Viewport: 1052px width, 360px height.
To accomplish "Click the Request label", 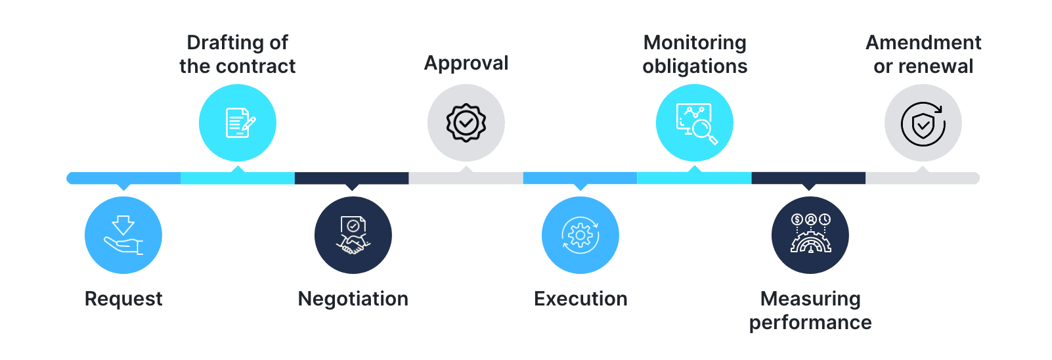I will click(x=123, y=299).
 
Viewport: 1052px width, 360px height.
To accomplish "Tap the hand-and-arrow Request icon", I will click(x=123, y=235).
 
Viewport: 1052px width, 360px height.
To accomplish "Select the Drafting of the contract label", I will click(x=237, y=55).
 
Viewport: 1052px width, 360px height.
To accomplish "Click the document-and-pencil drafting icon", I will click(x=238, y=123).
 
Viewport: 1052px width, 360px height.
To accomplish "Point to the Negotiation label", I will click(x=353, y=299).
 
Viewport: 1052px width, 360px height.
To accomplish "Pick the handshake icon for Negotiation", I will click(x=353, y=235).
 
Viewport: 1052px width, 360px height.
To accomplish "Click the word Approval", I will click(x=466, y=63).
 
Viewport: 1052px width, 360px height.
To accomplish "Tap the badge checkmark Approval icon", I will click(x=466, y=123).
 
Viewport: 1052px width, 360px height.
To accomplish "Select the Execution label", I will click(x=581, y=299).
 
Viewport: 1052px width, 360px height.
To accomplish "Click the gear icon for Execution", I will click(x=581, y=235).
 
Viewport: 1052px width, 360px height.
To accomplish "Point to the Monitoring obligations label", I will click(x=695, y=55).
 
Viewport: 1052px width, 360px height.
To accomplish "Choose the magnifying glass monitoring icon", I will click(x=695, y=123).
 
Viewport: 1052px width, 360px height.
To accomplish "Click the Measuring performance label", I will click(x=810, y=311).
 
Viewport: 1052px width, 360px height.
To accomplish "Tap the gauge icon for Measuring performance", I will click(x=810, y=235).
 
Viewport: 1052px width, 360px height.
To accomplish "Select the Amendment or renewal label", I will click(x=923, y=55).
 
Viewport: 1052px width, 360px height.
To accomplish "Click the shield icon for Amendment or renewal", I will click(x=923, y=123).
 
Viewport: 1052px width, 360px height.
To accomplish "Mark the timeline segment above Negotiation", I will click(x=352, y=178).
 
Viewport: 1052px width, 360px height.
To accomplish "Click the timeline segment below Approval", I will click(x=466, y=178).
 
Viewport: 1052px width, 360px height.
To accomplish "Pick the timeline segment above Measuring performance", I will click(x=809, y=178).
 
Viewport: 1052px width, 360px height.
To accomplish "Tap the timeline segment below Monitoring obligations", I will click(x=695, y=178).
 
